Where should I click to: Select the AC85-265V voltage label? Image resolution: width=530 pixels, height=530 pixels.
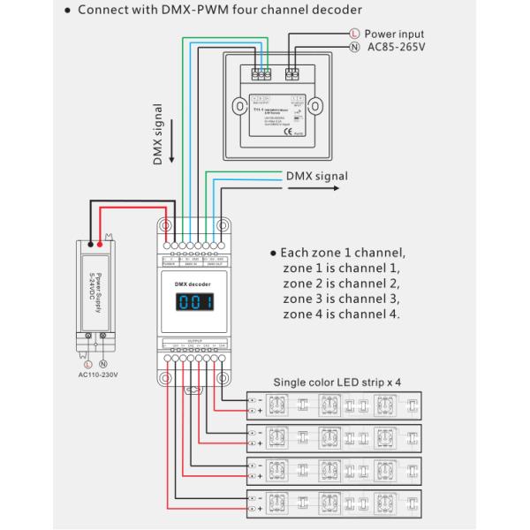(396, 47)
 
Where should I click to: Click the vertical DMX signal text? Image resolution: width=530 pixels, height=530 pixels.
(159, 133)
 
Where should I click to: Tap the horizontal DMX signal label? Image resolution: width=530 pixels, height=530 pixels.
(316, 176)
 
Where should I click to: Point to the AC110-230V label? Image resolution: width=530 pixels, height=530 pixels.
(96, 374)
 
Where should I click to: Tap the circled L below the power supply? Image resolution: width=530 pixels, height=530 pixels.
(87, 363)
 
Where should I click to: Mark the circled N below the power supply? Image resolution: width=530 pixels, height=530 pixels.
(102, 363)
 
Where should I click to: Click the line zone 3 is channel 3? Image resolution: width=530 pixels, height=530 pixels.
(341, 299)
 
